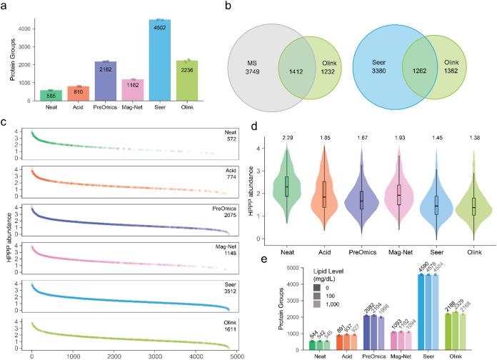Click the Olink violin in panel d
[473, 204]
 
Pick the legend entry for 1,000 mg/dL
[319, 304]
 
